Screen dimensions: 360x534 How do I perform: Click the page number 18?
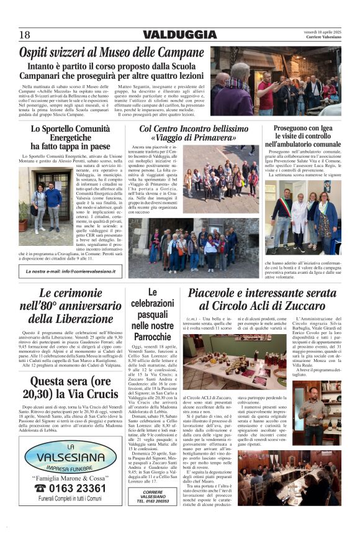(24, 35)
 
